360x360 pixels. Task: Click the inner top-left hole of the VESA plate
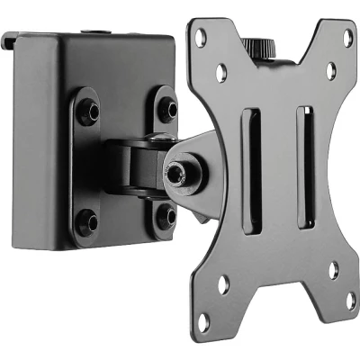pos(221,66)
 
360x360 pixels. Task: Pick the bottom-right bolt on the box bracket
pos(164,216)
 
